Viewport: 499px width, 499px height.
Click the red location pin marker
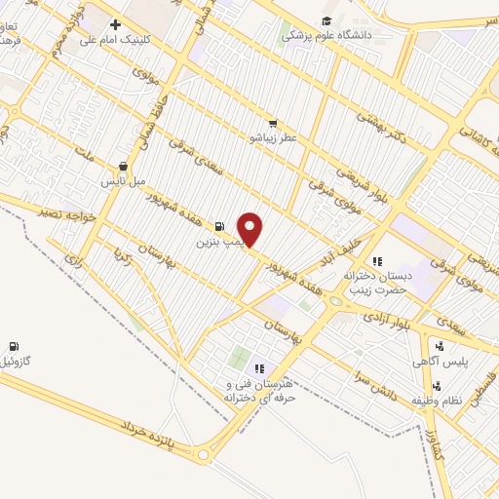pyautogui.click(x=251, y=229)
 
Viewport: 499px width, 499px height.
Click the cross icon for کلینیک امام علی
pyautogui.click(x=116, y=24)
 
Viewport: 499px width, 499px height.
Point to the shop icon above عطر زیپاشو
pyautogui.click(x=273, y=124)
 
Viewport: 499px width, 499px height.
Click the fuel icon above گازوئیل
pyautogui.click(x=14, y=346)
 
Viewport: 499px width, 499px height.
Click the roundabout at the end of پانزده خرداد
pyautogui.click(x=204, y=453)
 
